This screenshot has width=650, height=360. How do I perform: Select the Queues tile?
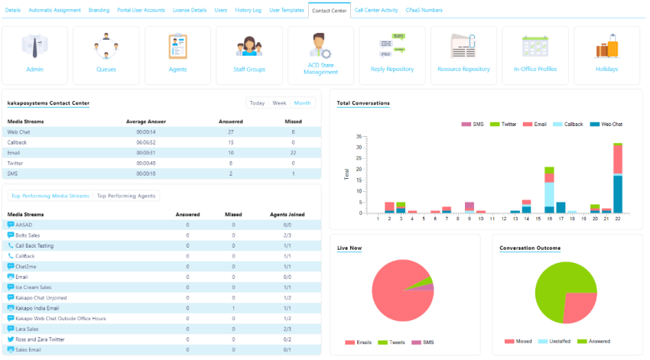(106, 54)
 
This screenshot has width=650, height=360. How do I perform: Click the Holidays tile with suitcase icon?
(606, 54)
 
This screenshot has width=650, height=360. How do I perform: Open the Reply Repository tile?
(392, 54)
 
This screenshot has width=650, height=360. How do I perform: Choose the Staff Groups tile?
(249, 54)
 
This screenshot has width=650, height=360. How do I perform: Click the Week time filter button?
(279, 103)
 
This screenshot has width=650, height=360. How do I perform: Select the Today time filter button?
(257, 103)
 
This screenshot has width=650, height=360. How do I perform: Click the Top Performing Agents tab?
(126, 196)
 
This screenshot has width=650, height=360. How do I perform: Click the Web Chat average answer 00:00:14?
(145, 131)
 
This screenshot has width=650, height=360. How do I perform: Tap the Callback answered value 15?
(230, 142)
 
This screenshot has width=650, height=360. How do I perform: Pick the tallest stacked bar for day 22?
(617, 177)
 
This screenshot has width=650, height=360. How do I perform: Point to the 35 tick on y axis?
(358, 137)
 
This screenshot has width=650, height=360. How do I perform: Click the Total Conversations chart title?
(363, 103)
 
